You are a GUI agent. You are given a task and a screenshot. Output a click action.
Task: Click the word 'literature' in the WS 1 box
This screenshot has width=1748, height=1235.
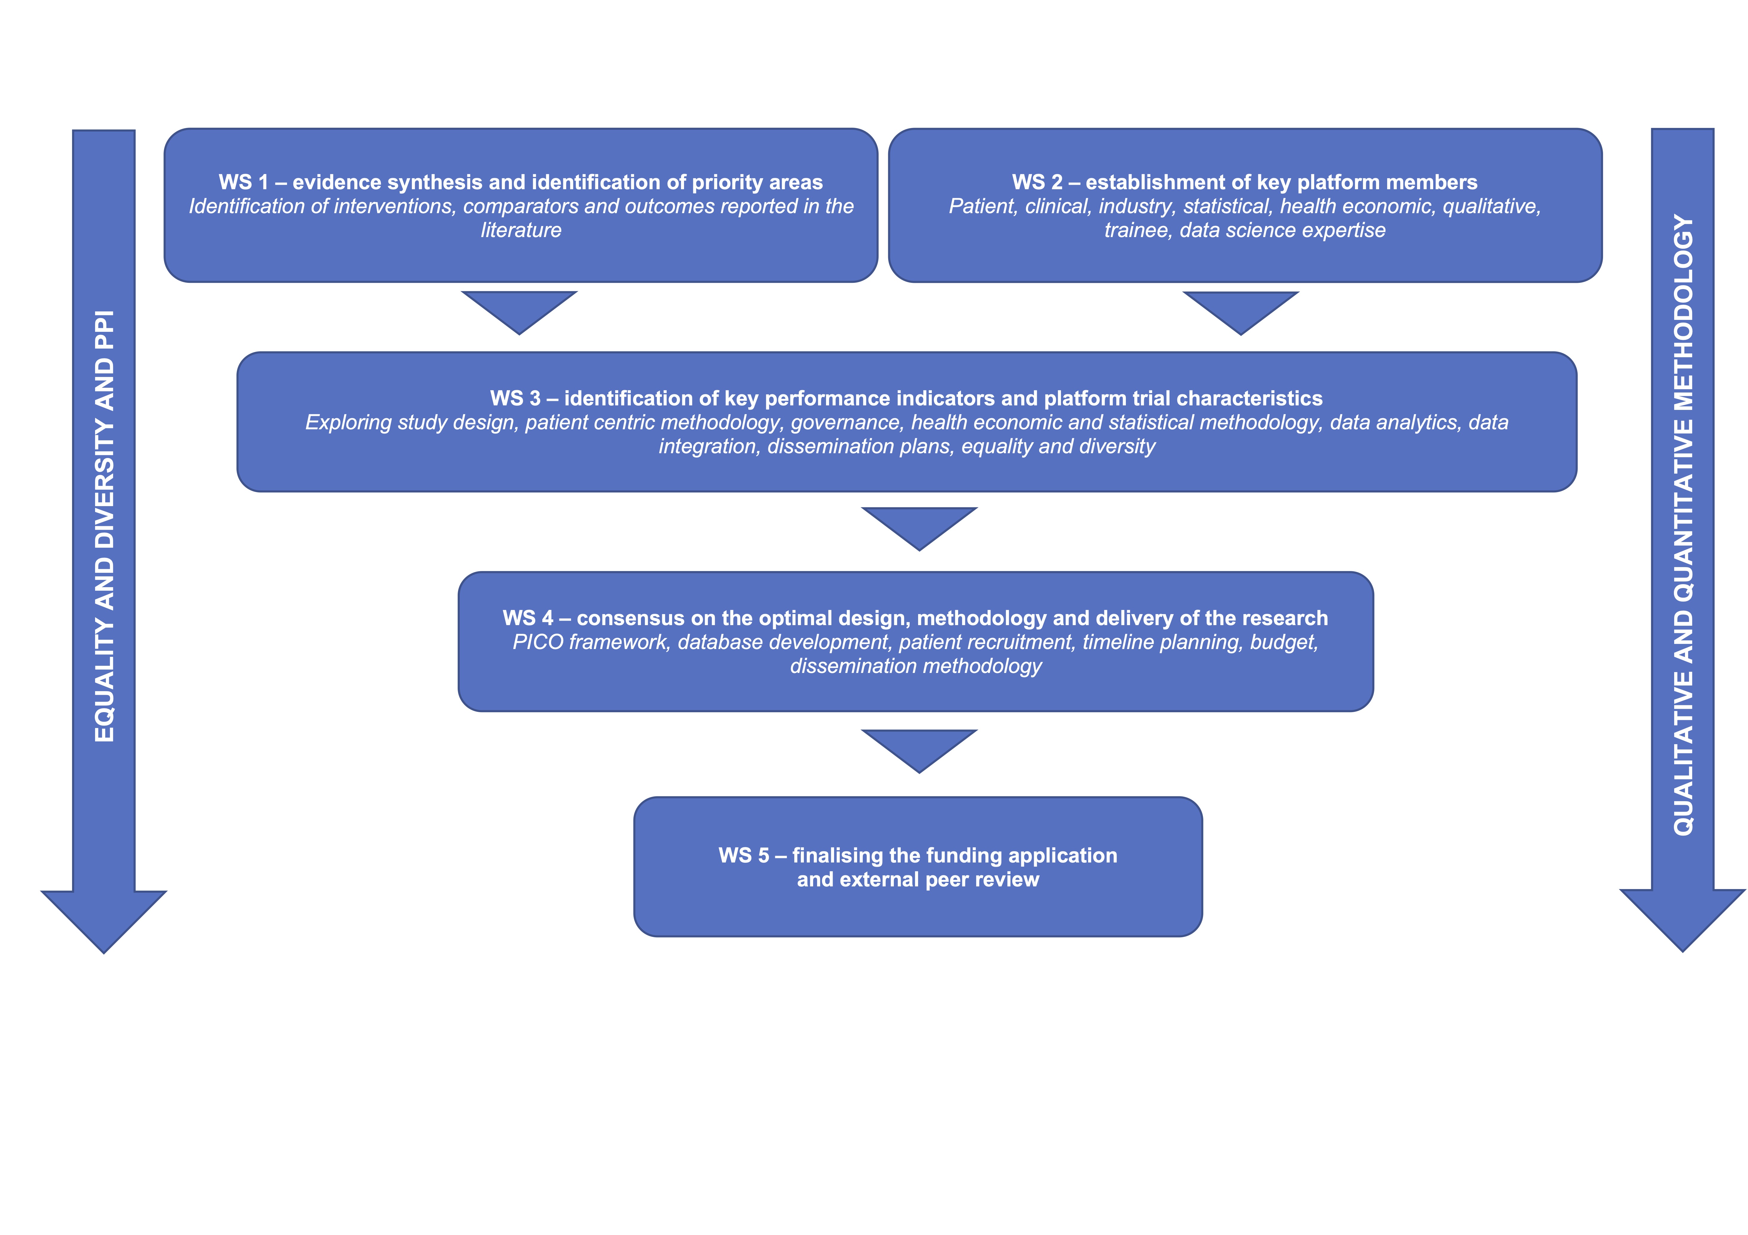pyautogui.click(x=521, y=230)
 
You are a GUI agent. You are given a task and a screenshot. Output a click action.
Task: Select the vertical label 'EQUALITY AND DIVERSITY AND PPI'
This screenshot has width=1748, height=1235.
pyautogui.click(x=104, y=525)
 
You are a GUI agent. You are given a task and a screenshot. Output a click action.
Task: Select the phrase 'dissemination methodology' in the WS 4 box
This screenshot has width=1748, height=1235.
pyautogui.click(x=916, y=666)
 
